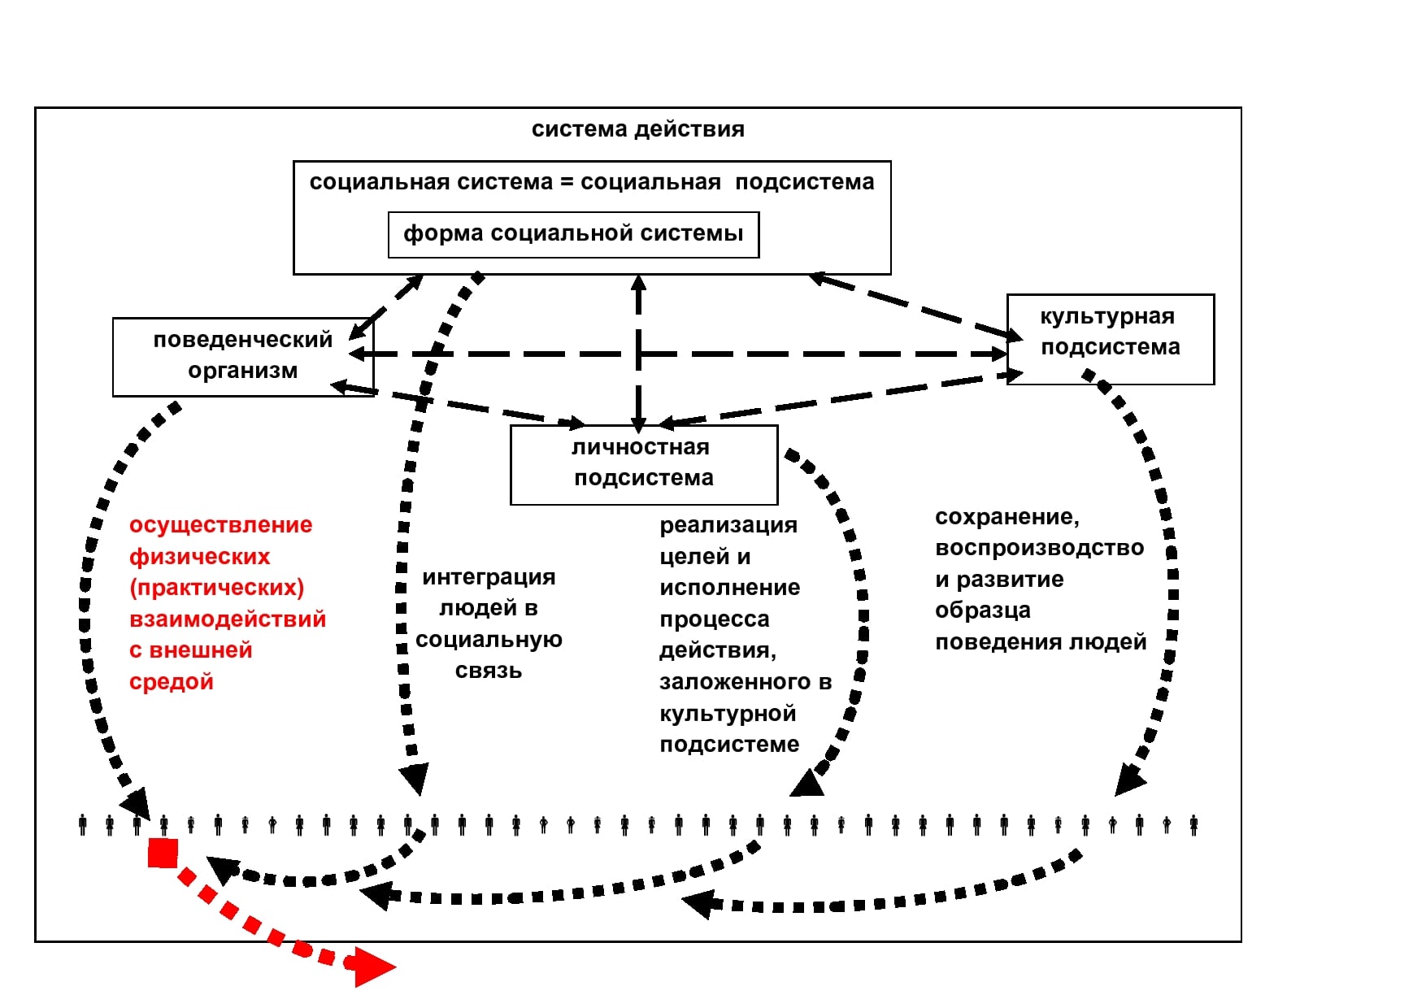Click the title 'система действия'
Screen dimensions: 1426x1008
pos(637,129)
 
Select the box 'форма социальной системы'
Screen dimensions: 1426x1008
pos(573,235)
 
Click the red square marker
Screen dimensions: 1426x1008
pos(163,854)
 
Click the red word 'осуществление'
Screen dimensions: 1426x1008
pos(220,525)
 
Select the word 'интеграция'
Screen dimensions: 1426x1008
pos(489,577)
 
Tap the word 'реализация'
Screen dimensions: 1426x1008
pos(728,525)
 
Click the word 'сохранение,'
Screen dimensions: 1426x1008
pos(1007,517)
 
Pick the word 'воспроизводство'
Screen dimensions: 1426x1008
pos(1040,548)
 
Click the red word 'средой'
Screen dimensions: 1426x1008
pos(172,682)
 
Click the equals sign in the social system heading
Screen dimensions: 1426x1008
pos(567,182)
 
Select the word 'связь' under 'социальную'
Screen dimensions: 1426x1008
pos(489,671)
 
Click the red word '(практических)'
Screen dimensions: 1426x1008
pos(217,588)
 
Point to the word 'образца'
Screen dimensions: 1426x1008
pos(983,610)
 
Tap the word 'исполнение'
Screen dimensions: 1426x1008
pos(730,588)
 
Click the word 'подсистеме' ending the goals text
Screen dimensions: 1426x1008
pos(729,745)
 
